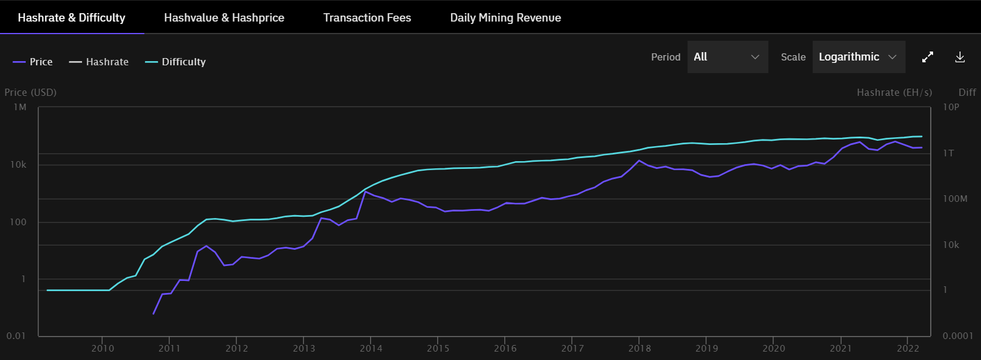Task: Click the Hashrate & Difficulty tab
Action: (x=71, y=17)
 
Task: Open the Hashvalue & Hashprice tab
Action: (x=224, y=17)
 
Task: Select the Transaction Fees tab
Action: (x=367, y=17)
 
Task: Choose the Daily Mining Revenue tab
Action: (x=505, y=17)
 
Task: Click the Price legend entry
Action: (x=33, y=62)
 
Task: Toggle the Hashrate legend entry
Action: (x=99, y=62)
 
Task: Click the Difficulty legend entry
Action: (x=175, y=62)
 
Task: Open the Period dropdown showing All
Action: (x=727, y=57)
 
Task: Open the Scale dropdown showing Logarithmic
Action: (x=858, y=57)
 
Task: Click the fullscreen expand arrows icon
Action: (x=928, y=57)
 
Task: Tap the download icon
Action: (x=960, y=57)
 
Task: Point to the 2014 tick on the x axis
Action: (x=371, y=349)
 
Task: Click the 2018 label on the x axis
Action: (x=640, y=349)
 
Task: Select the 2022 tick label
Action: (x=908, y=349)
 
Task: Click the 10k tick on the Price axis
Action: (x=18, y=165)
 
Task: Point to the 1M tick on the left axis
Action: (x=20, y=107)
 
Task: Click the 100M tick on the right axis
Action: (x=955, y=199)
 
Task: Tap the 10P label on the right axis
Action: (x=951, y=107)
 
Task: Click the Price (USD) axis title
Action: (x=31, y=92)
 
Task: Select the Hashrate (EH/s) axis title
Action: (x=894, y=92)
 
